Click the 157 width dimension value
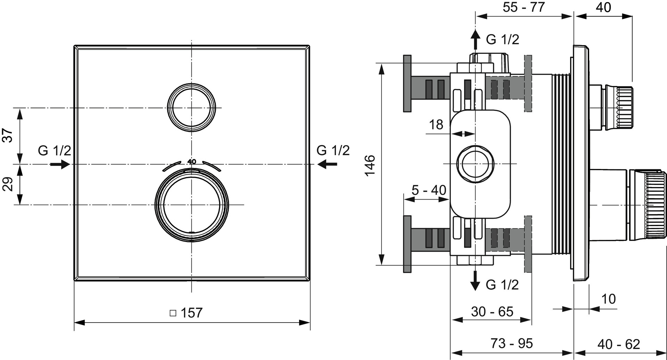[191, 313]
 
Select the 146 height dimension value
[370, 165]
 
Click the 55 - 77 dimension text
[524, 7]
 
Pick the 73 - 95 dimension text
[511, 343]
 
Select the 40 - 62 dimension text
[619, 344]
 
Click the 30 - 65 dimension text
[492, 312]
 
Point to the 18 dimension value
[436, 125]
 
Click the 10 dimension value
[608, 299]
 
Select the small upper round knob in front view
[191, 108]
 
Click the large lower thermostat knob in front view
[191, 205]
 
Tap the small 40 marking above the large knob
[192, 161]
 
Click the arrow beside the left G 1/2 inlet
[60, 164]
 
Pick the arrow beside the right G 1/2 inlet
[327, 164]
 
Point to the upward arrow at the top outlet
[475, 39]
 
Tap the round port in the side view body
[475, 164]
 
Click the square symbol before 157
[173, 313]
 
